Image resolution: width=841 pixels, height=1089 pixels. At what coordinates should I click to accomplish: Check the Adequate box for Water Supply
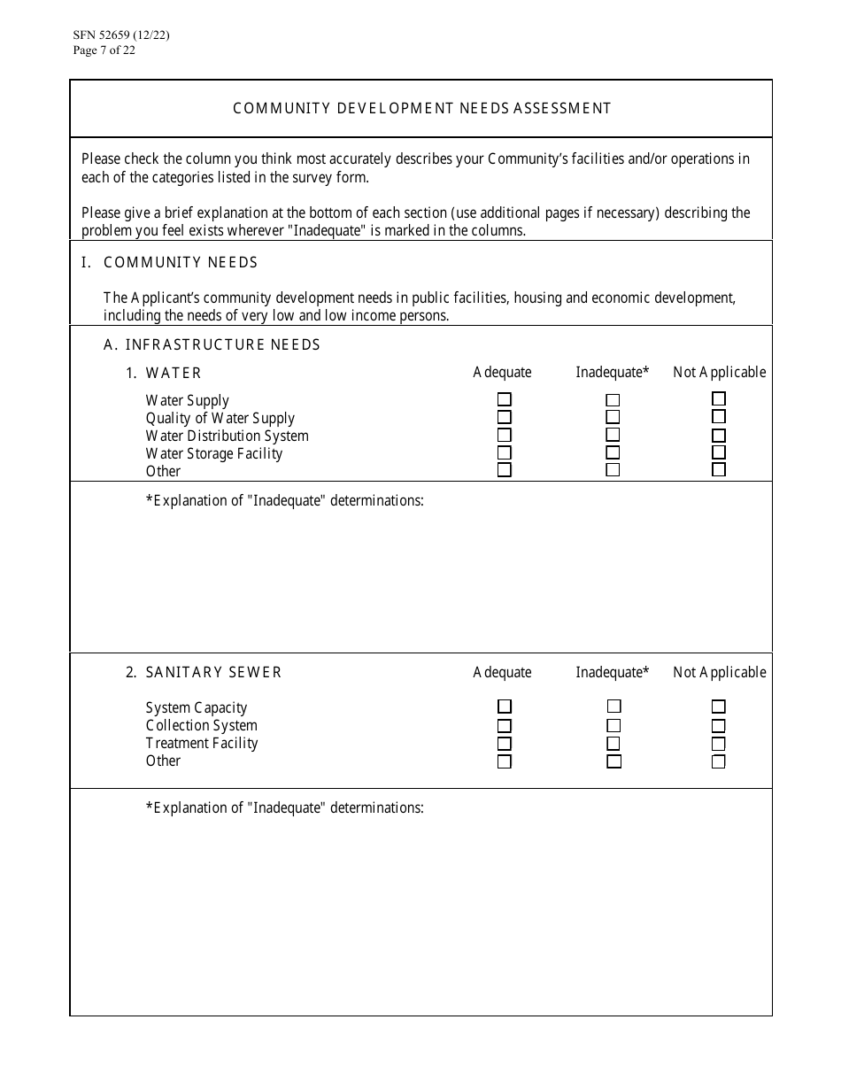click(505, 399)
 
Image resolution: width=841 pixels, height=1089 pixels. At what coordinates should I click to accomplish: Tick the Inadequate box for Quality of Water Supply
click(613, 417)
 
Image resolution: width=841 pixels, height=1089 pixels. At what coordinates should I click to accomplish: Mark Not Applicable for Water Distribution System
click(719, 436)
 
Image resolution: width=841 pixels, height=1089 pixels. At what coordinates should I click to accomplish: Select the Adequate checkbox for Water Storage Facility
click(505, 452)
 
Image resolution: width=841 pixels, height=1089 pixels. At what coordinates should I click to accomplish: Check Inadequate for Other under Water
click(613, 470)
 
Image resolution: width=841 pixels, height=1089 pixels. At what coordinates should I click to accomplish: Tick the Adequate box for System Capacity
click(505, 707)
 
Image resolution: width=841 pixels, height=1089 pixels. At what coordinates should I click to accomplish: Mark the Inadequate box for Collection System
click(613, 725)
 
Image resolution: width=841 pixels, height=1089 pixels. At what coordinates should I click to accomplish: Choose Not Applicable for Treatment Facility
click(719, 744)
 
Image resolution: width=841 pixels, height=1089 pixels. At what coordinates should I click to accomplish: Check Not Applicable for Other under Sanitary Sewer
click(719, 761)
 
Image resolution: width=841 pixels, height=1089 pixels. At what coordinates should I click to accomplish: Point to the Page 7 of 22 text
click(104, 50)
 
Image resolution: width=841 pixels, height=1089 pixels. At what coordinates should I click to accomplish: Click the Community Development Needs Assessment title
click(421, 109)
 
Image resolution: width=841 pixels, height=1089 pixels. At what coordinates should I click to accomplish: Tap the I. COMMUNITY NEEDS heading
click(181, 263)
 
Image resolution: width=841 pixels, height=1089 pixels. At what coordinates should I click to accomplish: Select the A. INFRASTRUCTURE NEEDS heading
click(212, 344)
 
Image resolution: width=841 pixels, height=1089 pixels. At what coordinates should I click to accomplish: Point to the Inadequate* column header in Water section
click(612, 373)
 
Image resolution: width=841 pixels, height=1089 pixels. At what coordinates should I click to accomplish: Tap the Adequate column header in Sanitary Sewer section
click(502, 673)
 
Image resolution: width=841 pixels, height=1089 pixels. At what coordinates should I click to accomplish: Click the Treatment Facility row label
click(202, 744)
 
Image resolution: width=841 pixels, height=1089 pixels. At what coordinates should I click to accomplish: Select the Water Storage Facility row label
click(214, 453)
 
